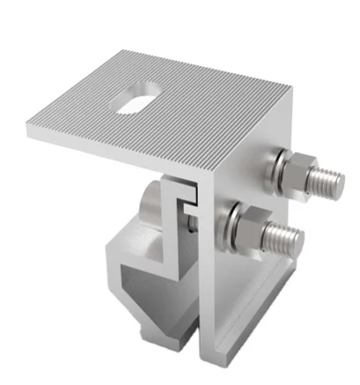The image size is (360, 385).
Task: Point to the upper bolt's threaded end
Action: click(330, 182)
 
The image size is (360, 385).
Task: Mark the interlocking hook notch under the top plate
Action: click(188, 198)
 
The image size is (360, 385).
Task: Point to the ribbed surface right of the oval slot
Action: click(211, 106)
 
